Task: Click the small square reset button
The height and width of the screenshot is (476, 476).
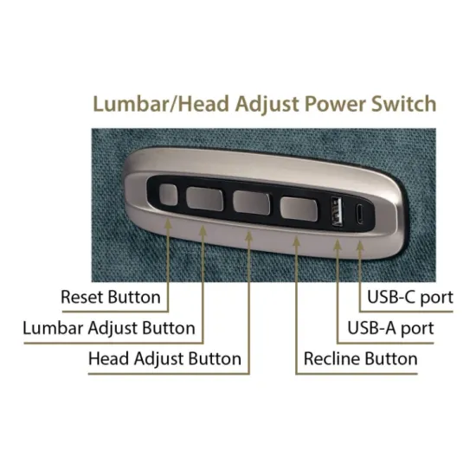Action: click(168, 195)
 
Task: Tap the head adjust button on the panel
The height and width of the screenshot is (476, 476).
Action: click(251, 203)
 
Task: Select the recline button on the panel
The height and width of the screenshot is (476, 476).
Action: click(299, 209)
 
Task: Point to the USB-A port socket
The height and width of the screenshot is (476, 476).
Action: click(337, 210)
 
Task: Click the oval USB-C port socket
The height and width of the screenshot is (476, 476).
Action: click(359, 214)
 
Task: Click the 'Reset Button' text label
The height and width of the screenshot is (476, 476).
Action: click(111, 297)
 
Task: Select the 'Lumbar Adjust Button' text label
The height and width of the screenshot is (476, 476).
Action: click(109, 328)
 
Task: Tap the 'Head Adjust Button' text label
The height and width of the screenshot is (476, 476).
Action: click(164, 359)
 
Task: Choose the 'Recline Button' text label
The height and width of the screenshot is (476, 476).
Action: click(361, 359)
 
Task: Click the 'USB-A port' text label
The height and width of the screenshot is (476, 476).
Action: click(390, 329)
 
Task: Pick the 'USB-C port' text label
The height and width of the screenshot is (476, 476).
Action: click(410, 297)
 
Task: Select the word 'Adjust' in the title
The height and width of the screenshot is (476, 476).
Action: click(267, 105)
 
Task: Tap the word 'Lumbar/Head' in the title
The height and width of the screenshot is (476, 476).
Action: click(161, 104)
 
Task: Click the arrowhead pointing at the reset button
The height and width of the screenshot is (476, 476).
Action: click(168, 224)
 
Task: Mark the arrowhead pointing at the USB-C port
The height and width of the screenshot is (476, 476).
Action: click(360, 247)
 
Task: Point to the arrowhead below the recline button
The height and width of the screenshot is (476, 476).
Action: click(297, 242)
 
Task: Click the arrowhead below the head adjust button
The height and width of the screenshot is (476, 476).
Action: click(249, 237)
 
